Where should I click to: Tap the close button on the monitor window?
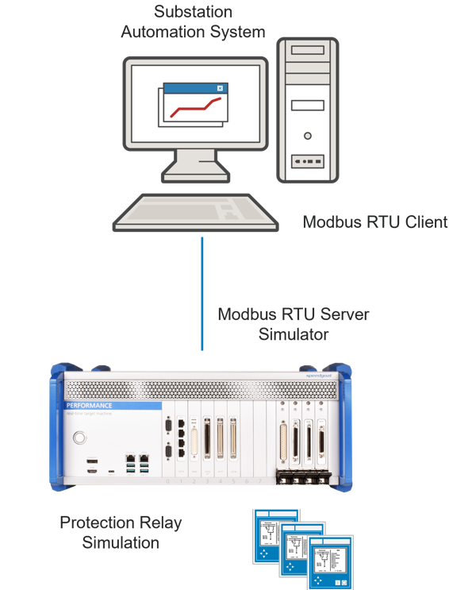pos(220,88)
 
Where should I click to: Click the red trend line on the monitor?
pos(191,107)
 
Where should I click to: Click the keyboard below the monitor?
pos(195,213)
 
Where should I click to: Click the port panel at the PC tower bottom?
pos(308,160)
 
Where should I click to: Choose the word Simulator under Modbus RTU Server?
pos(294,334)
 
